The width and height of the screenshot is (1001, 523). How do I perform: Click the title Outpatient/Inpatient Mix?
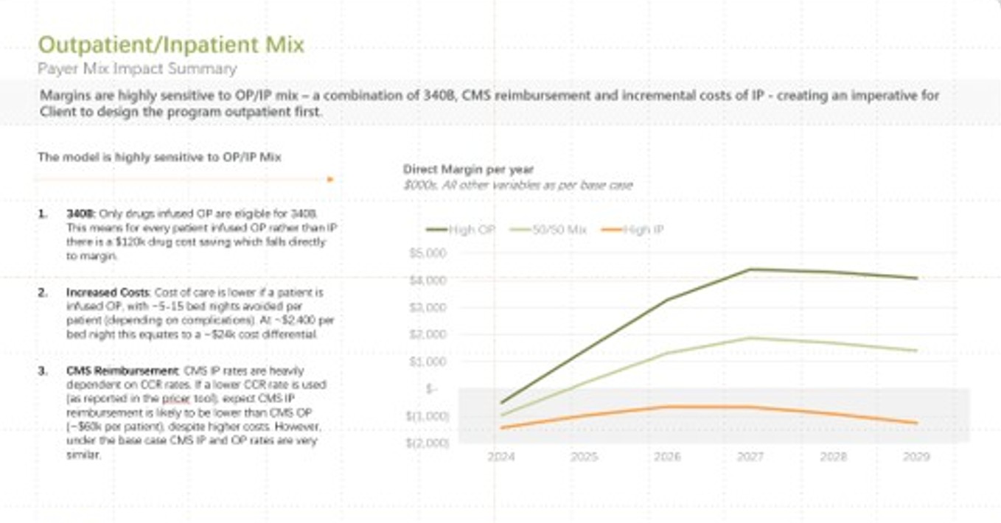(170, 45)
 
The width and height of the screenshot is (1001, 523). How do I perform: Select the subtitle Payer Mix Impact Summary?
(137, 69)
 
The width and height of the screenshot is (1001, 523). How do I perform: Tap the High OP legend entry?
(462, 230)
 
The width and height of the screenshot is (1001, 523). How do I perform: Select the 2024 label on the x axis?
(502, 457)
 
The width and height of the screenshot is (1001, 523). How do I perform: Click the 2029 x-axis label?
(916, 457)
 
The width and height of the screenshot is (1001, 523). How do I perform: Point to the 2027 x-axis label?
(750, 457)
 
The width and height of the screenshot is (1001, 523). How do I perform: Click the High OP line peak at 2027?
(750, 269)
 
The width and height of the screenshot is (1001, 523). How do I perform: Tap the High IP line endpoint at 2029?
(916, 423)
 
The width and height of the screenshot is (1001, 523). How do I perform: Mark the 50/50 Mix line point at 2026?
(668, 353)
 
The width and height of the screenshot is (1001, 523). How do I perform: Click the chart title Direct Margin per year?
(468, 170)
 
